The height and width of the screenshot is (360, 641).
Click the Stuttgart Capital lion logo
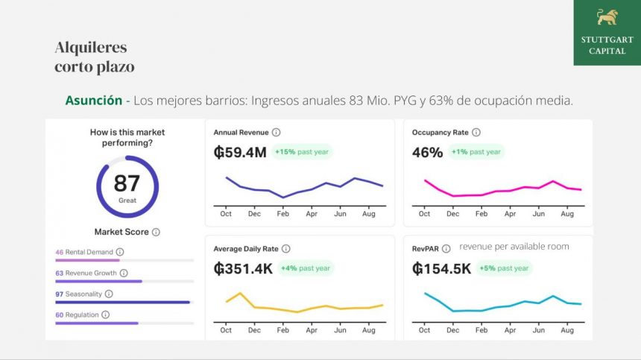607,17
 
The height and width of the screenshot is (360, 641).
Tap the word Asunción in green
93,100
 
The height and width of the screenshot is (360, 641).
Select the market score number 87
127,183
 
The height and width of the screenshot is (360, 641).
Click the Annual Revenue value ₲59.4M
240,152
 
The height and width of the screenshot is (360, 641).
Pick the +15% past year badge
302,152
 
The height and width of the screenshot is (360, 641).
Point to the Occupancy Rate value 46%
427,152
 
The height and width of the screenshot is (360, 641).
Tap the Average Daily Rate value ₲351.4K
243,268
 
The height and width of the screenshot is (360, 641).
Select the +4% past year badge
305,268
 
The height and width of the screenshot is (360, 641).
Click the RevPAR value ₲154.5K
441,268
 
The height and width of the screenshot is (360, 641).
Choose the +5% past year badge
504,268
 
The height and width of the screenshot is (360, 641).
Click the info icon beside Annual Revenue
276,133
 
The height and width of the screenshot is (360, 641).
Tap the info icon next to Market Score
156,232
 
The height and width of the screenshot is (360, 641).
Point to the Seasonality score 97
60,294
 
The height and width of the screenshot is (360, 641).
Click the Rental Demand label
89,252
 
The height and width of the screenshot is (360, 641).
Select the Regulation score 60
60,315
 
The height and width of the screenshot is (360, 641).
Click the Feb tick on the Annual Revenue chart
282,214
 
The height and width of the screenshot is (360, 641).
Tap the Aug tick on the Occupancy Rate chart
567,214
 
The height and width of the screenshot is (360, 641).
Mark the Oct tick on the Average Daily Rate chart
226,330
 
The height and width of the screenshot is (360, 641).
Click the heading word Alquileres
91,48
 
